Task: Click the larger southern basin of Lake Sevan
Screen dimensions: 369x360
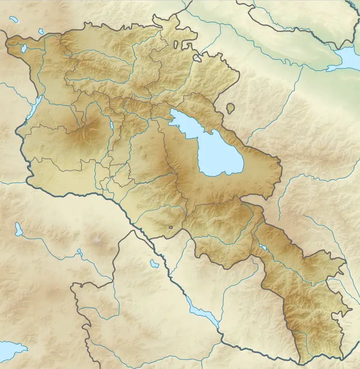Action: tap(219, 156)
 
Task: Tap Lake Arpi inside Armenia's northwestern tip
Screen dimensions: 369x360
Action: tap(24, 48)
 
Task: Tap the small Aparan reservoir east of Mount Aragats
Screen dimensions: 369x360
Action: tap(112, 125)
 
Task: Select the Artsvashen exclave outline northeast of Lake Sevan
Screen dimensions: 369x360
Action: tap(230, 108)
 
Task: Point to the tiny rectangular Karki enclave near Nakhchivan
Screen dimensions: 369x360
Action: tap(171, 227)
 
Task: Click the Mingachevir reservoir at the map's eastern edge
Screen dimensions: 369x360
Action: tap(347, 58)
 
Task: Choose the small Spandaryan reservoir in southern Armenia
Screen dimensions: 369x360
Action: tap(263, 247)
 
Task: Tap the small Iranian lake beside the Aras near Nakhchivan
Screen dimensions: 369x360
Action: tap(154, 264)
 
